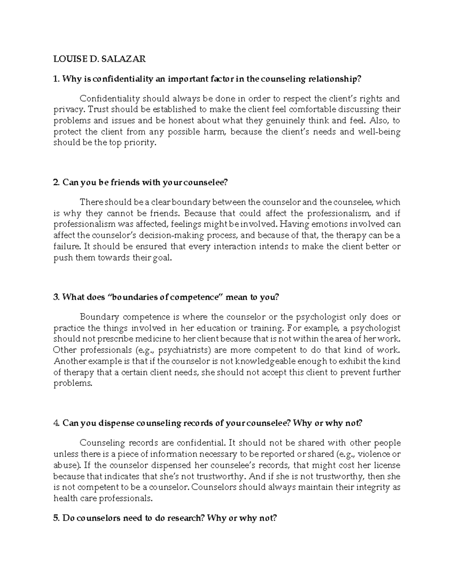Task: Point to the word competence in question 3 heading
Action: click(x=194, y=297)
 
